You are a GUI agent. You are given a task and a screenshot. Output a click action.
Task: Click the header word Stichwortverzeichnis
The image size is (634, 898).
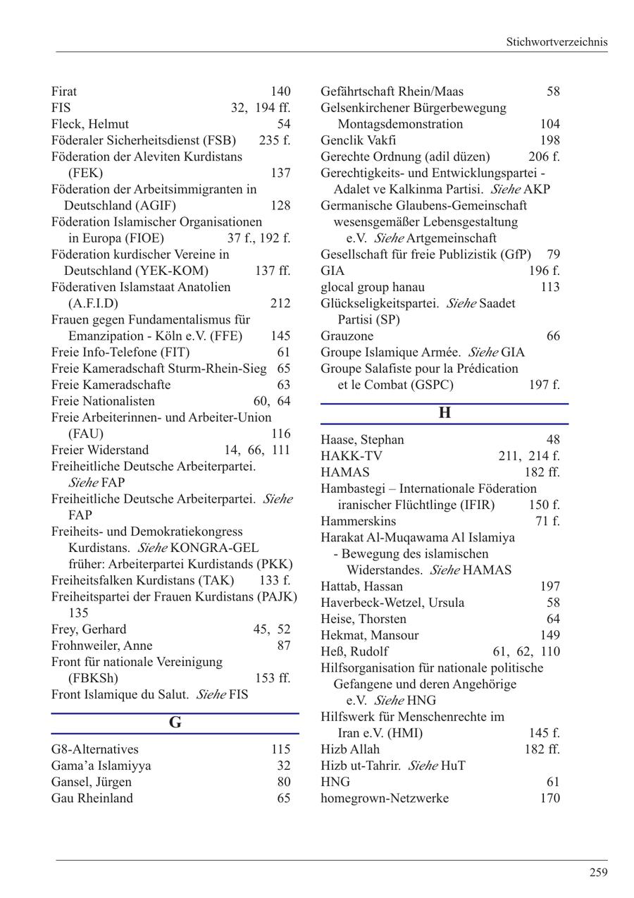pyautogui.click(x=556, y=42)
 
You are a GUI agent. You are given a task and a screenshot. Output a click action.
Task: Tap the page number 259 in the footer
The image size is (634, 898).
pyautogui.click(x=598, y=873)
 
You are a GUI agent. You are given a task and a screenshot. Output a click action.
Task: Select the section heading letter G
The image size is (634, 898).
pyautogui.click(x=175, y=722)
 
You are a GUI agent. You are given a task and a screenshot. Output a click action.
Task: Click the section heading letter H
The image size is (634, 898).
pyautogui.click(x=445, y=413)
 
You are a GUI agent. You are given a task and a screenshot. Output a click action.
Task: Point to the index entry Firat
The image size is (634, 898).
pyautogui.click(x=64, y=92)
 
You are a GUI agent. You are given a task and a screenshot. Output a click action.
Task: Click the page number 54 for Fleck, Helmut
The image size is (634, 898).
pyautogui.click(x=283, y=124)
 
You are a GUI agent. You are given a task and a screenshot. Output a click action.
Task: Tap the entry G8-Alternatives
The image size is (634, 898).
pyautogui.click(x=95, y=749)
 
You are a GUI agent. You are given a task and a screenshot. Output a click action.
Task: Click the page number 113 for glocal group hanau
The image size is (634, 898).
pyautogui.click(x=549, y=287)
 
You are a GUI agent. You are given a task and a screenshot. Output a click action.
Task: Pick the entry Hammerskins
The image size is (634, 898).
pyautogui.click(x=358, y=521)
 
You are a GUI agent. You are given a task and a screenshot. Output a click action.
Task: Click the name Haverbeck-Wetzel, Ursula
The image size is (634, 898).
pyautogui.click(x=392, y=603)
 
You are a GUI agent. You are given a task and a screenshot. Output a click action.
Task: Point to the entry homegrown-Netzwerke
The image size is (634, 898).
pyautogui.click(x=385, y=798)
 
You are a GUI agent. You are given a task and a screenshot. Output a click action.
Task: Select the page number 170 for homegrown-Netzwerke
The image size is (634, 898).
pyautogui.click(x=549, y=798)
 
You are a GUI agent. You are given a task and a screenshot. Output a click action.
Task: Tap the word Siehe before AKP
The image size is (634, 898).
pyautogui.click(x=505, y=190)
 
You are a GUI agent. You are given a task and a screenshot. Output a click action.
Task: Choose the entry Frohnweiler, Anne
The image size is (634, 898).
pyautogui.click(x=102, y=646)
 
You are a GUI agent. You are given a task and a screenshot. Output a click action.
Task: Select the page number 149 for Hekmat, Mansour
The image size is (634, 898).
pyautogui.click(x=549, y=635)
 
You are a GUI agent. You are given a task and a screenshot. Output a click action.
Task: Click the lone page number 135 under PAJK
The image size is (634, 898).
pyautogui.click(x=78, y=613)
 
